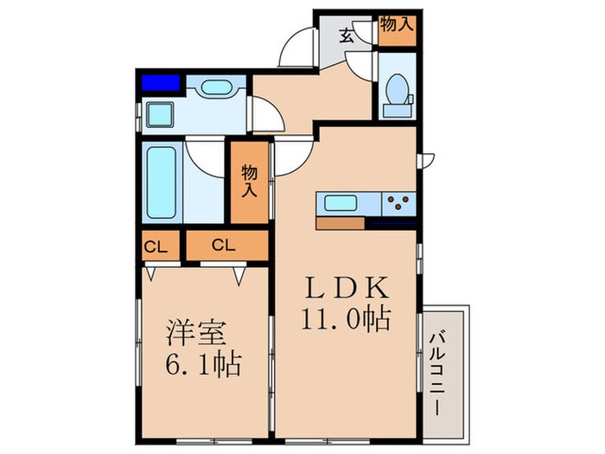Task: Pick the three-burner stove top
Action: coord(398,203)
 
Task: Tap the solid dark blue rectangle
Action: coord(161,83)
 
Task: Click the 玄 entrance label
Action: coord(346,36)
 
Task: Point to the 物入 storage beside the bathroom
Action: coord(249,181)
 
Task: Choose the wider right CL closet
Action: coord(224,246)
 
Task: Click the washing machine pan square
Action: coord(161,113)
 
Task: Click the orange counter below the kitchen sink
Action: coord(341,223)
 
